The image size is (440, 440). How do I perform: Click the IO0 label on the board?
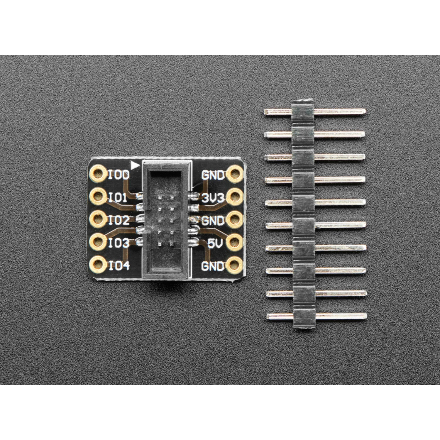point(119,175)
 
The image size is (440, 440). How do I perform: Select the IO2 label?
point(119,221)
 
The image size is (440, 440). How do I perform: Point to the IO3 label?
point(119,243)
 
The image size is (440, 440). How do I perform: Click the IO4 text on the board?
point(119,266)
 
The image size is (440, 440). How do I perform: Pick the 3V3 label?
point(213,198)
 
